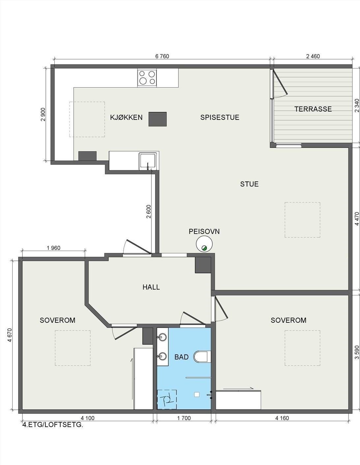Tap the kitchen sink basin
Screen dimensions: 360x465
148,161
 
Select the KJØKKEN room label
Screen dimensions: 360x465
126,118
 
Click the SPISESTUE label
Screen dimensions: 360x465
220,118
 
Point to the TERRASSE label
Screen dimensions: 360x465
313,109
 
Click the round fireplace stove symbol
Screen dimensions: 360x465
205,244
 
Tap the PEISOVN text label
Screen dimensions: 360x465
204,232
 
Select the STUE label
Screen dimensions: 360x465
249,184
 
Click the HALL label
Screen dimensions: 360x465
151,287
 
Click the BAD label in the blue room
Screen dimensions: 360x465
181,357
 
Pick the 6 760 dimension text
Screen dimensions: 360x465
162,56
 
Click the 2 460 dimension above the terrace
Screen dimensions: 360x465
313,56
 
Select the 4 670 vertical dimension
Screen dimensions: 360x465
10,335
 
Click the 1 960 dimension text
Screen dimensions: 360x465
53,248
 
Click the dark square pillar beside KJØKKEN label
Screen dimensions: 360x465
158,119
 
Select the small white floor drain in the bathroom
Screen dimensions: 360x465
197,394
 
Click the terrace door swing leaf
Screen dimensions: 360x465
280,83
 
